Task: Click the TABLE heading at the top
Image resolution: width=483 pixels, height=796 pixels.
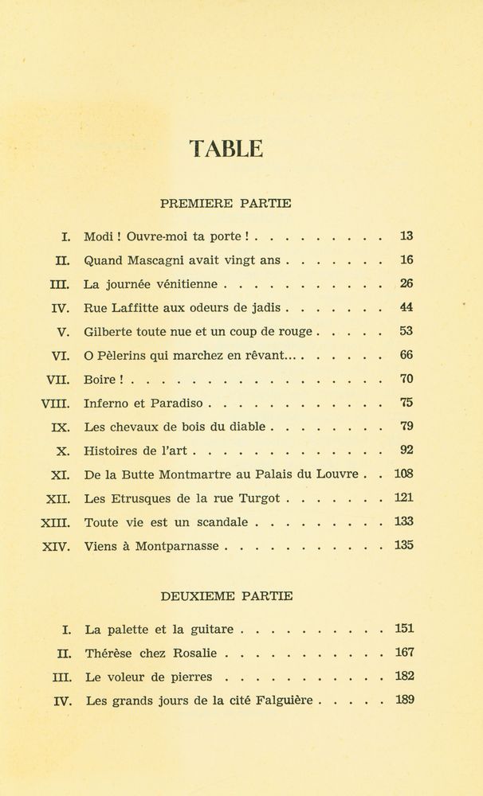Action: tap(226, 149)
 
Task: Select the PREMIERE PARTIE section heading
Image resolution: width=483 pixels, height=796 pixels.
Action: tap(226, 203)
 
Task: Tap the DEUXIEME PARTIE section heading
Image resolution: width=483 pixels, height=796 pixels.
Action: tap(226, 595)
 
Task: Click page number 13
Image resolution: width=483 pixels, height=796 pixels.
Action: tap(406, 236)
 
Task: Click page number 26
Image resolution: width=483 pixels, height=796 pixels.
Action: tap(406, 283)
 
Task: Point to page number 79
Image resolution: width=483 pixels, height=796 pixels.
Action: tap(406, 427)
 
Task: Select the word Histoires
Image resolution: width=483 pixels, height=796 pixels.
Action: tap(112, 451)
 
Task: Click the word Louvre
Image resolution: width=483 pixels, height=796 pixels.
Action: tap(338, 474)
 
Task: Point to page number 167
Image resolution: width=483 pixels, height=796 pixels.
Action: tap(404, 653)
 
